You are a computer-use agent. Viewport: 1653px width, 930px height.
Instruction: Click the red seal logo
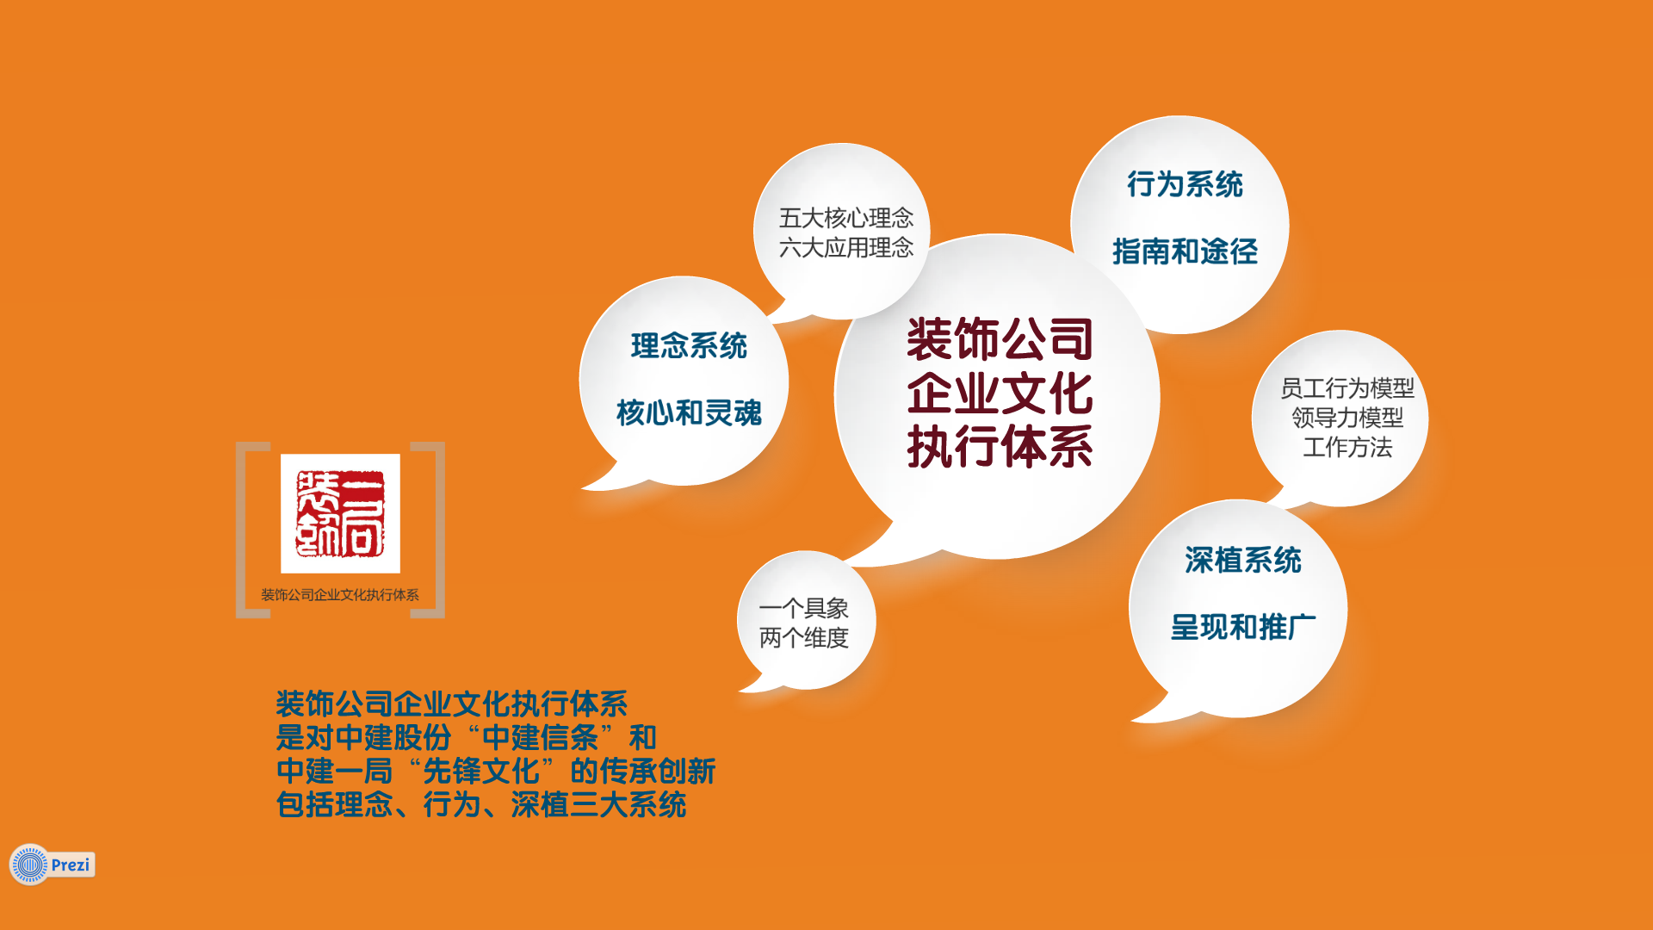[x=340, y=513]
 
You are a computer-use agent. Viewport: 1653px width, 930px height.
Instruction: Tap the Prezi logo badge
[x=53, y=865]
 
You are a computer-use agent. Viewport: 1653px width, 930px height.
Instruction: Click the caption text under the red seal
[x=340, y=595]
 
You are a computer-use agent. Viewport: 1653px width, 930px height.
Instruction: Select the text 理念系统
[x=689, y=346]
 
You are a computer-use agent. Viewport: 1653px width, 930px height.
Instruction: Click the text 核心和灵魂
[x=689, y=413]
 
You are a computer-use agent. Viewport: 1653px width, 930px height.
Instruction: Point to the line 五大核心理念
[x=846, y=218]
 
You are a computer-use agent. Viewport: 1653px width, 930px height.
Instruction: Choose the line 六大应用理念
[x=846, y=248]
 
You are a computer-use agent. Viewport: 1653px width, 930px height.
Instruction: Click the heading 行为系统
[x=1185, y=184]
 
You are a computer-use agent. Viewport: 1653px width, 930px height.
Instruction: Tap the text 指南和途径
[x=1185, y=251]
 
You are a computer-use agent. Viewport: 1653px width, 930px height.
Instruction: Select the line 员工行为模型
[x=1347, y=388]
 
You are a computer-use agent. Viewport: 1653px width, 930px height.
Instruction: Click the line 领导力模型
[x=1347, y=418]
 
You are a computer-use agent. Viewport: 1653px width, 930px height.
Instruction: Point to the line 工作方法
[x=1347, y=448]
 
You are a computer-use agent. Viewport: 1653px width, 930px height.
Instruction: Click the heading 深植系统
[x=1243, y=561]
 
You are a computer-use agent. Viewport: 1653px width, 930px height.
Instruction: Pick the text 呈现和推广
[x=1243, y=627]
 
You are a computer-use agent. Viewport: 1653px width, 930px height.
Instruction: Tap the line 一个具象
[x=804, y=609]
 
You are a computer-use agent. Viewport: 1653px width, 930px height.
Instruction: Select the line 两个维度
[x=804, y=638]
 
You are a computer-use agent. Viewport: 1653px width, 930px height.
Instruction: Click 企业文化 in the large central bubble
[x=1000, y=394]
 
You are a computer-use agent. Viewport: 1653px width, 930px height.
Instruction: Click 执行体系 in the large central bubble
[x=1000, y=447]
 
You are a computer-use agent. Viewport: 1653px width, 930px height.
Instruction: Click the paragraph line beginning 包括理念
[x=481, y=804]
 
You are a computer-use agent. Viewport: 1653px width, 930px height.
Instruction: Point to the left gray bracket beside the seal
[x=242, y=530]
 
